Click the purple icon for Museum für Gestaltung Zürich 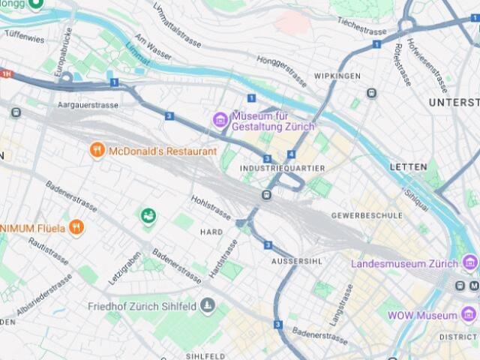point(220,119)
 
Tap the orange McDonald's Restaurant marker point(97,151)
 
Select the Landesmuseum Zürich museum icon point(469,263)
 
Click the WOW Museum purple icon point(469,316)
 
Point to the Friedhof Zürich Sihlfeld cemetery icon point(208,306)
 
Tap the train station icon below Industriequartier point(266,195)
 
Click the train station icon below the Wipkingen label point(371,93)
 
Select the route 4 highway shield point(291,154)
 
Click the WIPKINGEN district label point(337,76)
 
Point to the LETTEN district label point(408,166)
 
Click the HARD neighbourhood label point(211,232)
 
